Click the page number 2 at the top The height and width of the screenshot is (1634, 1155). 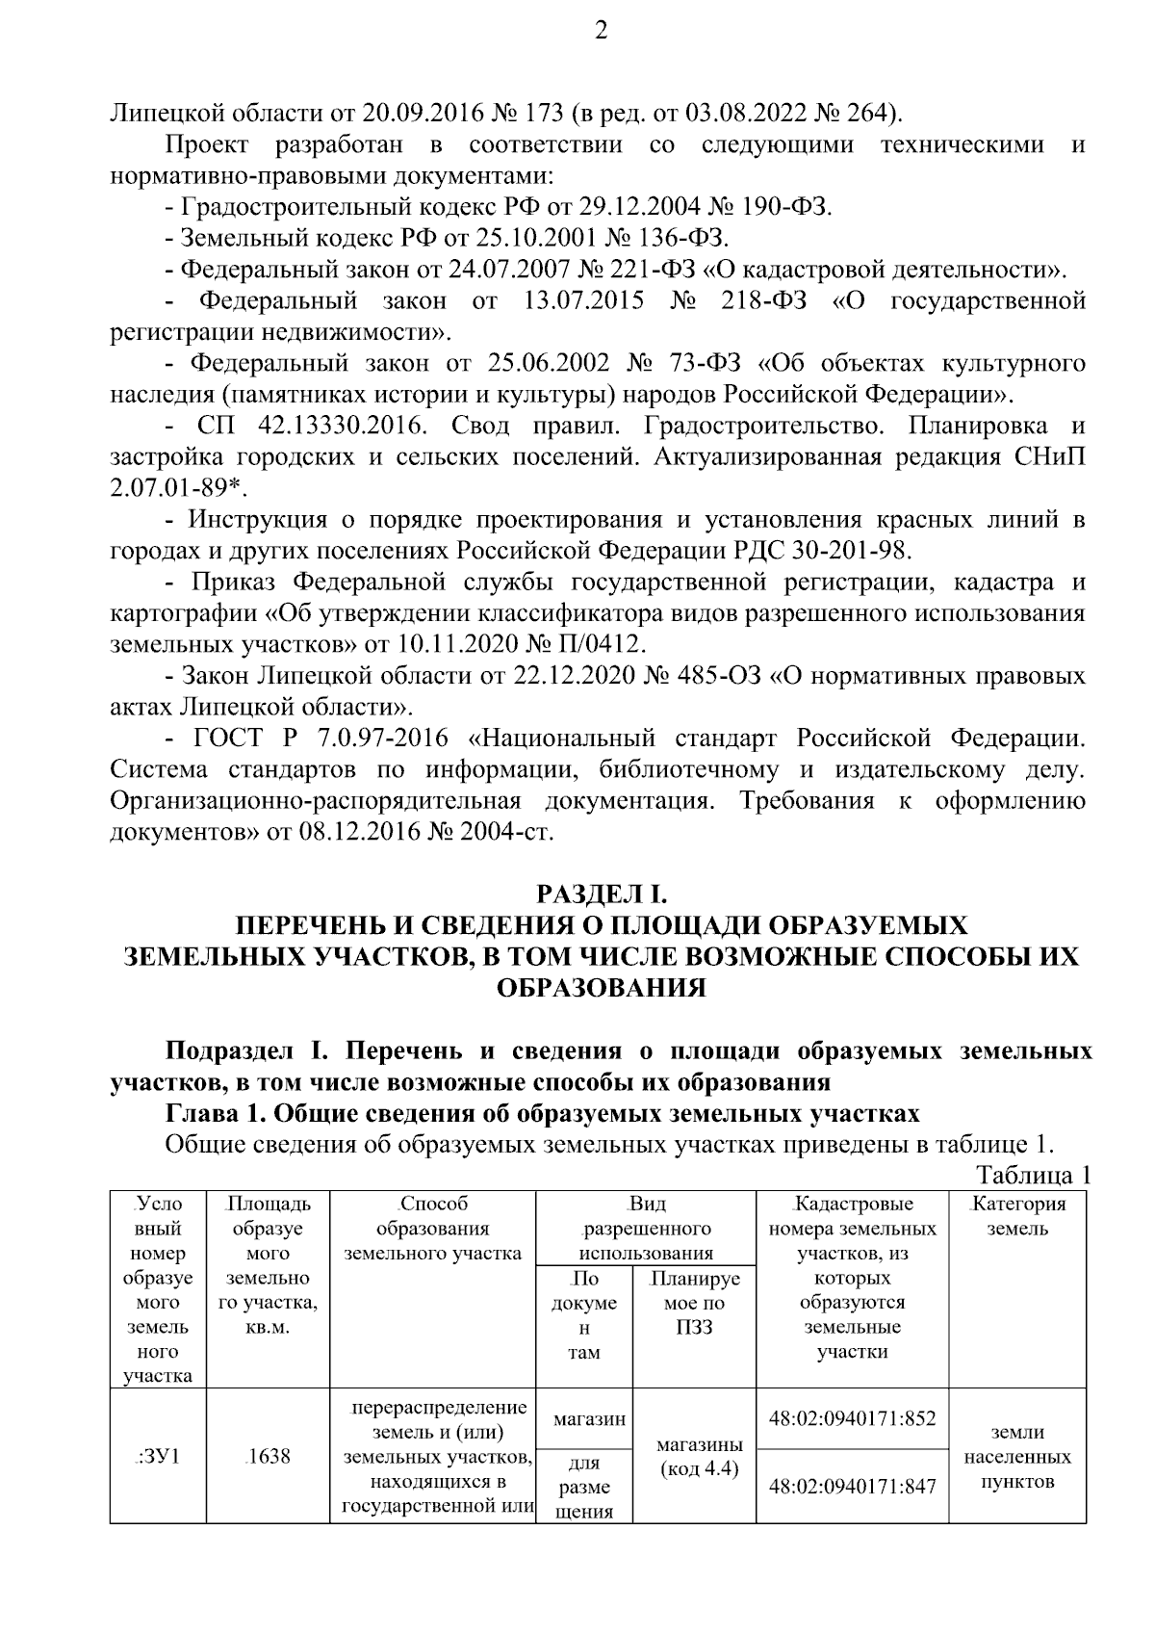coord(602,32)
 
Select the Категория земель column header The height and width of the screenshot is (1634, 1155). coord(1017,1216)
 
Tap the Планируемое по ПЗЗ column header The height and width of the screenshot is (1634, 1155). coord(694,1304)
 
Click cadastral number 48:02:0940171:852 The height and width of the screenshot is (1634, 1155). coord(853,1418)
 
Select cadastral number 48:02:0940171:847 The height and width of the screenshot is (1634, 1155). coord(853,1486)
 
